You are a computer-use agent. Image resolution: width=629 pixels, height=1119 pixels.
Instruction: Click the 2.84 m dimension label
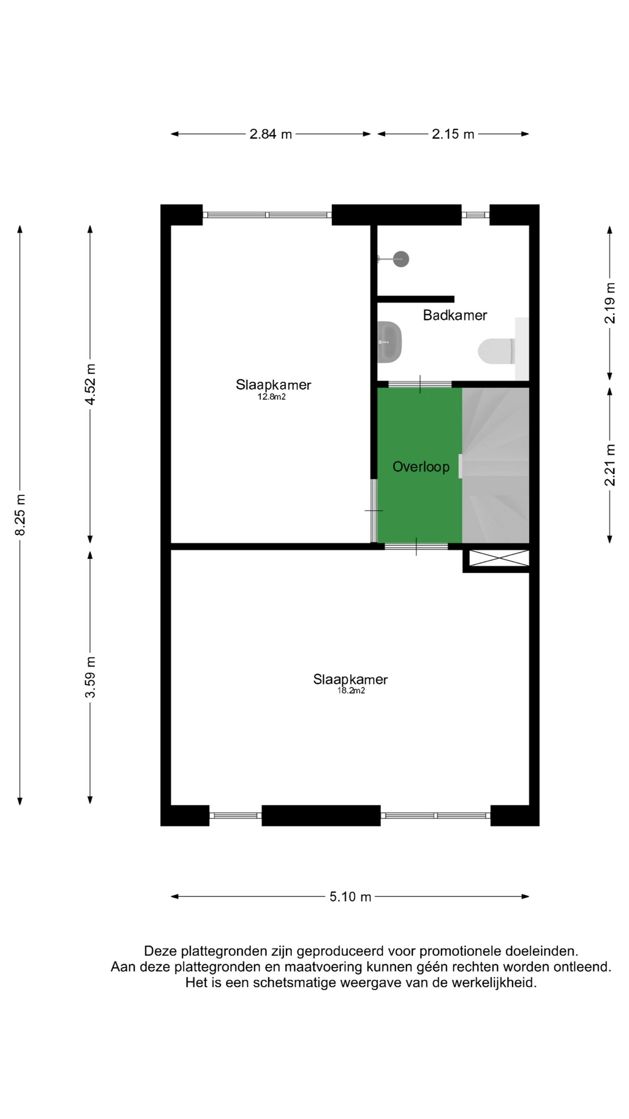tap(270, 134)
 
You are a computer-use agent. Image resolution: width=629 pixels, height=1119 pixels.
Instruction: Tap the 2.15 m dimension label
tap(453, 134)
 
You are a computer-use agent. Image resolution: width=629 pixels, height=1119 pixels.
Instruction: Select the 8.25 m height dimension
tap(20, 515)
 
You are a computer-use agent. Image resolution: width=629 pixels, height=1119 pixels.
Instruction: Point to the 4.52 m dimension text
tap(90, 384)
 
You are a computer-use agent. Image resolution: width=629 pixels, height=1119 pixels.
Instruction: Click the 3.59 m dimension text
tap(90, 677)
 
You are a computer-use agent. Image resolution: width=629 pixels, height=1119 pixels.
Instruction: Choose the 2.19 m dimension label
tap(609, 303)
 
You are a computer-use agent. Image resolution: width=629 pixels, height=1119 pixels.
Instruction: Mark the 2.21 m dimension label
tap(609, 465)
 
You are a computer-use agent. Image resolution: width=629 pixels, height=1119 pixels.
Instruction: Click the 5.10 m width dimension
tap(350, 896)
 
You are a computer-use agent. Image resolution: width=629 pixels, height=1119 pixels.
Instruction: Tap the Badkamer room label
tap(454, 315)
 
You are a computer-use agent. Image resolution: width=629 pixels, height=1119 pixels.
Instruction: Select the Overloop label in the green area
tap(420, 467)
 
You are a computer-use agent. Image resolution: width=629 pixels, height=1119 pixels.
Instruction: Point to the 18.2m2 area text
tap(351, 691)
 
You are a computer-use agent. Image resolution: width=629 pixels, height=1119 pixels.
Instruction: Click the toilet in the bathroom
tap(496, 351)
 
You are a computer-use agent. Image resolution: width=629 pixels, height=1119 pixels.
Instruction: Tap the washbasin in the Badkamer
tap(390, 342)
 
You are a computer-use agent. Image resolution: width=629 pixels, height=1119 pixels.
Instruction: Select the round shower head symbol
tap(401, 259)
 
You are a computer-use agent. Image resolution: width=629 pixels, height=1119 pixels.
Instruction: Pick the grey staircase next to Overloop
tap(496, 465)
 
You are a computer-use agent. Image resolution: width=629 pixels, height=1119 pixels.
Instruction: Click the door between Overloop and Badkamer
tap(420, 384)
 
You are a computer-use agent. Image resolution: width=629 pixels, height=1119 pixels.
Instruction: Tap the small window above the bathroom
tap(475, 215)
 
